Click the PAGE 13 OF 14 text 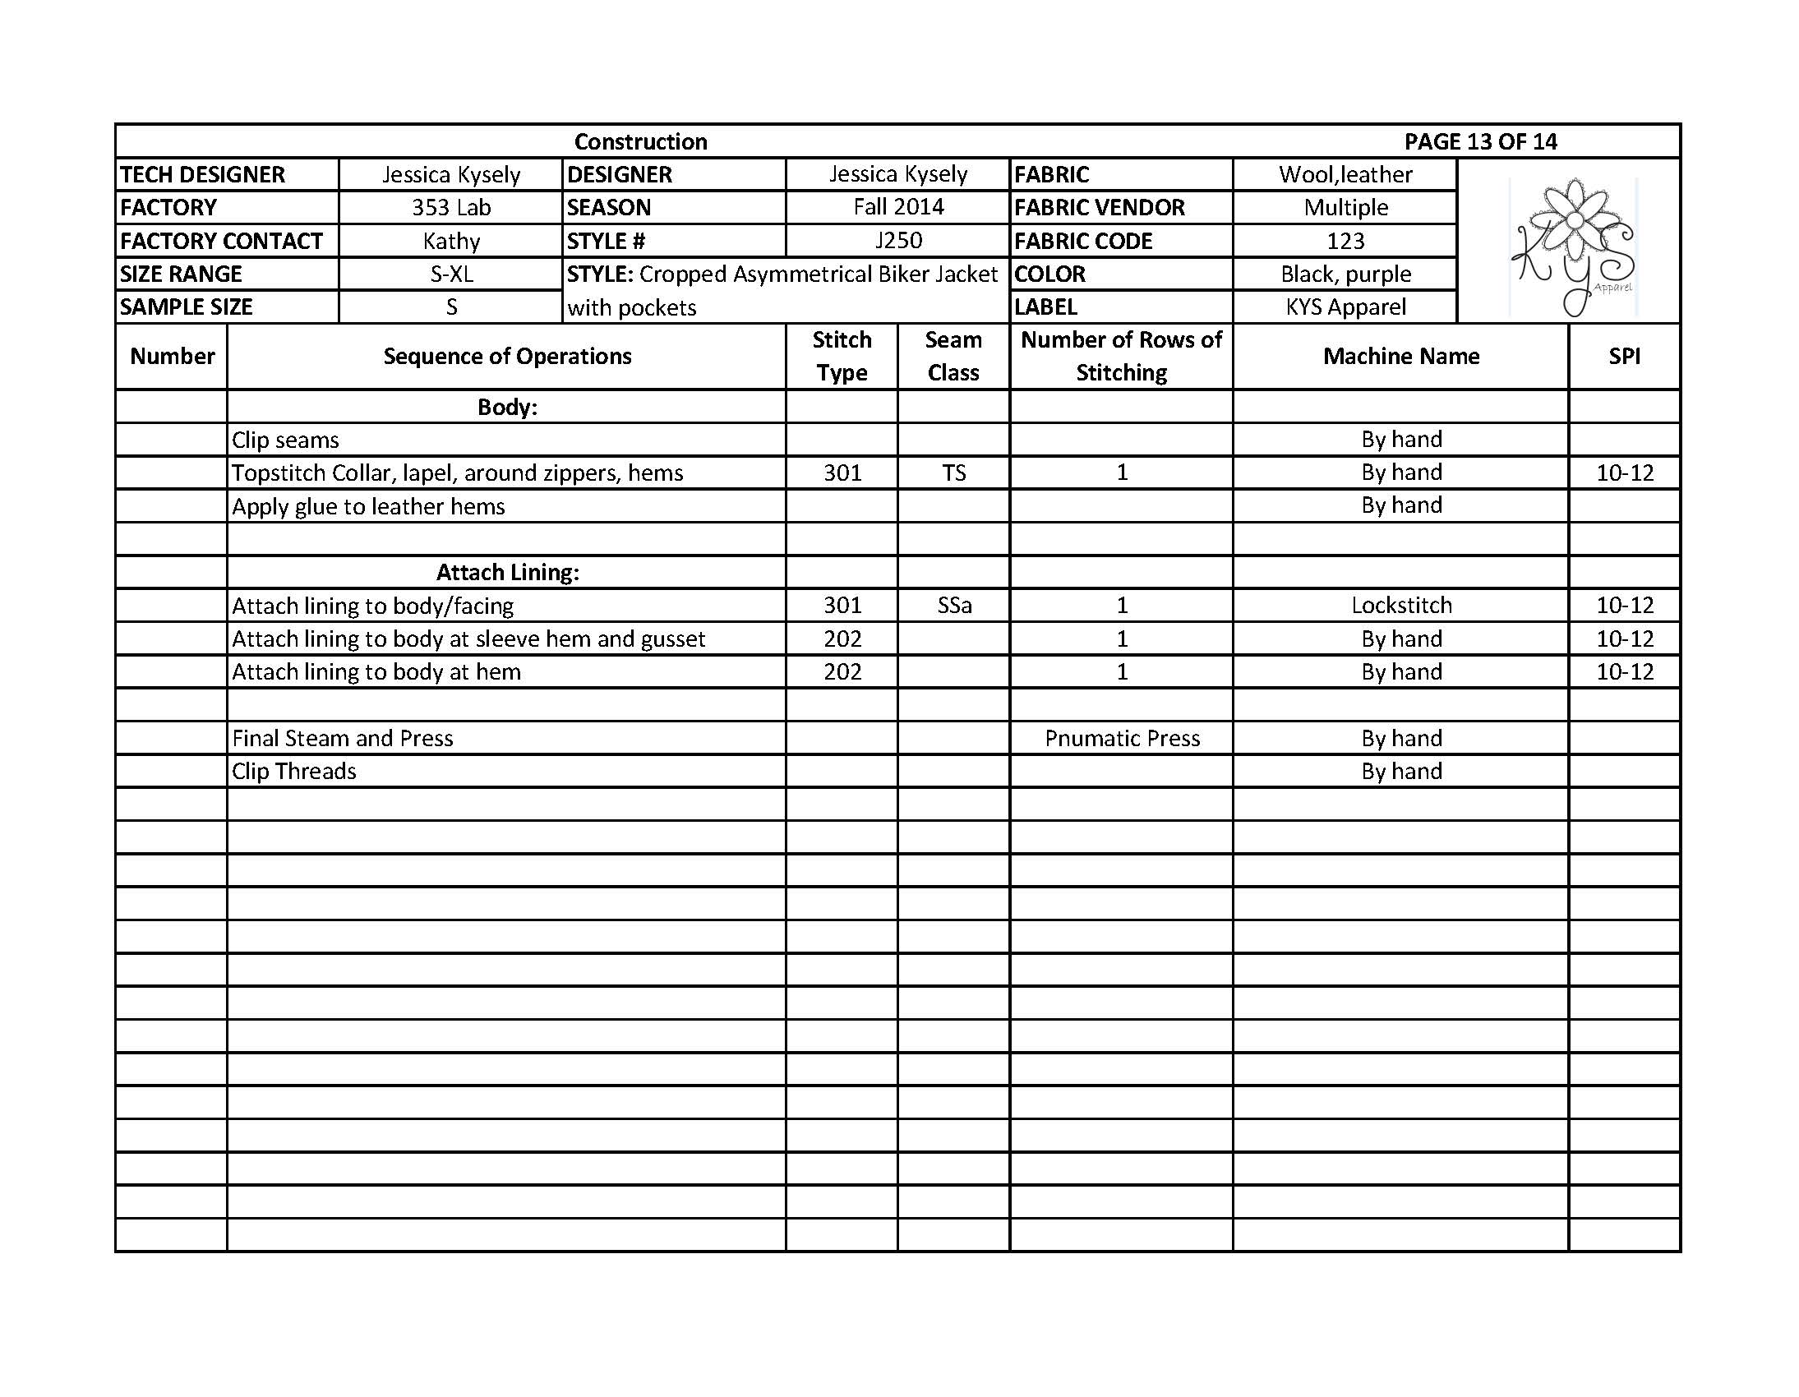pyautogui.click(x=1480, y=141)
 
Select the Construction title pyautogui.click(x=640, y=141)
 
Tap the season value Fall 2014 pyautogui.click(x=897, y=207)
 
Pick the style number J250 pyautogui.click(x=897, y=241)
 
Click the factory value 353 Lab pyautogui.click(x=450, y=208)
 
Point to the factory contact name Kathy pyautogui.click(x=450, y=242)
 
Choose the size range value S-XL pyautogui.click(x=450, y=274)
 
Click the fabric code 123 pyautogui.click(x=1345, y=242)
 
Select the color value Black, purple pyautogui.click(x=1345, y=274)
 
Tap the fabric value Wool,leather pyautogui.click(x=1345, y=174)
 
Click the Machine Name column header pyautogui.click(x=1400, y=356)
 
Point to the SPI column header pyautogui.click(x=1624, y=356)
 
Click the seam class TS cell pyautogui.click(x=953, y=473)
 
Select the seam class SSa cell pyautogui.click(x=954, y=606)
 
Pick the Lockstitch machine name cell pyautogui.click(x=1400, y=606)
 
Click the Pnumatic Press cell pyautogui.click(x=1122, y=738)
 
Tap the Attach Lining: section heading pyautogui.click(x=507, y=573)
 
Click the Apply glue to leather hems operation pyautogui.click(x=368, y=506)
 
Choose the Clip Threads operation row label pyautogui.click(x=294, y=771)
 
